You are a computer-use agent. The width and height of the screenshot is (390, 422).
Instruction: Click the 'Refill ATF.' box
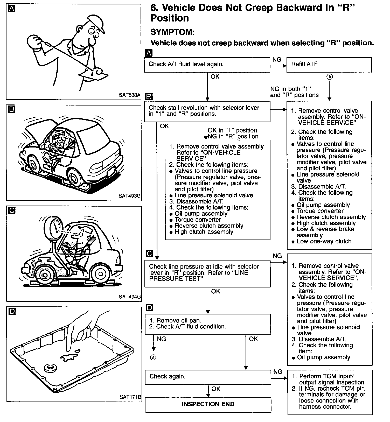329,65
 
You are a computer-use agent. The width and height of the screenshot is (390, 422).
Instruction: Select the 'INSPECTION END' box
208,404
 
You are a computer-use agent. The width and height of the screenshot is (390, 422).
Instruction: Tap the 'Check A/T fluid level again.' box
207,65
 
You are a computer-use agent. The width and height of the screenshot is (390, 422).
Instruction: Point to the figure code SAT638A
129,95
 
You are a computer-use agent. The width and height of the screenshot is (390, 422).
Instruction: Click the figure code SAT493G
129,196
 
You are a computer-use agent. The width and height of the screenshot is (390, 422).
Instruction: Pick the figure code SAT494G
130,297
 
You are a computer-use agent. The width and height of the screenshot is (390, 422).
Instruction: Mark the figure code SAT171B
130,397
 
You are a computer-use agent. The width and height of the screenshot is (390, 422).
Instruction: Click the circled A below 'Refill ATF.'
329,77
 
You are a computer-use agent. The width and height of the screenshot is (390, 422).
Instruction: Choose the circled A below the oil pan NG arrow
154,357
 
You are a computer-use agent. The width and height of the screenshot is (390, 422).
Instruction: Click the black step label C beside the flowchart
149,254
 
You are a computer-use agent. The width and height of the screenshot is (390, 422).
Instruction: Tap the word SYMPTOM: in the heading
172,32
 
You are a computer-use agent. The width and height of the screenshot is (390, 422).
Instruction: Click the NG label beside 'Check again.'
278,372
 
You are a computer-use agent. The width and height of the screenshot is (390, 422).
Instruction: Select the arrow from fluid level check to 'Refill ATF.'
278,66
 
